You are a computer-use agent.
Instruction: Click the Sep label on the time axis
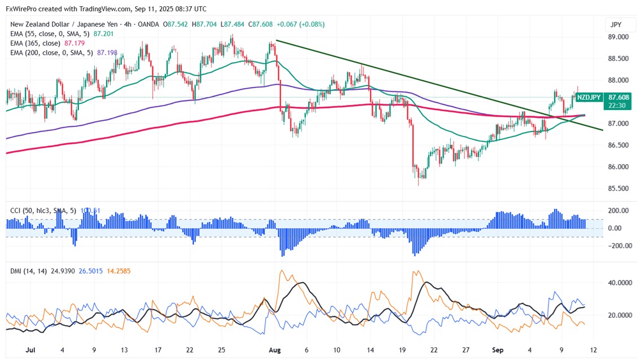tap(497, 350)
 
